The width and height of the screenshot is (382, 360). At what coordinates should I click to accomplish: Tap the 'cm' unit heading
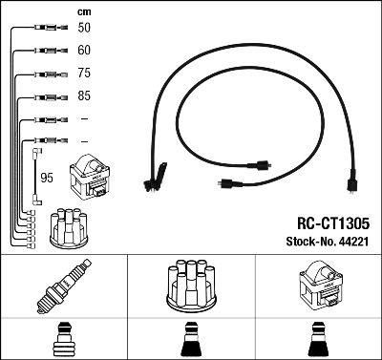(84, 11)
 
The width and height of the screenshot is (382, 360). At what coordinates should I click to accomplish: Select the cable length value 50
(85, 29)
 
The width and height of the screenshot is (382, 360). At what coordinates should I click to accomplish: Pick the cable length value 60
(85, 51)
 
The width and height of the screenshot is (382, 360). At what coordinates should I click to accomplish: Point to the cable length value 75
(85, 74)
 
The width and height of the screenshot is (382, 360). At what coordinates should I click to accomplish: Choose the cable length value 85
(85, 96)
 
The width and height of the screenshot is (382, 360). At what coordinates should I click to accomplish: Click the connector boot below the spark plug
(63, 341)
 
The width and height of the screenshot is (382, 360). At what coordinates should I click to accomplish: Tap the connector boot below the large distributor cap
(190, 341)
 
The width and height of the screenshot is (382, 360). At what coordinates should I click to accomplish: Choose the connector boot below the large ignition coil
(318, 341)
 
